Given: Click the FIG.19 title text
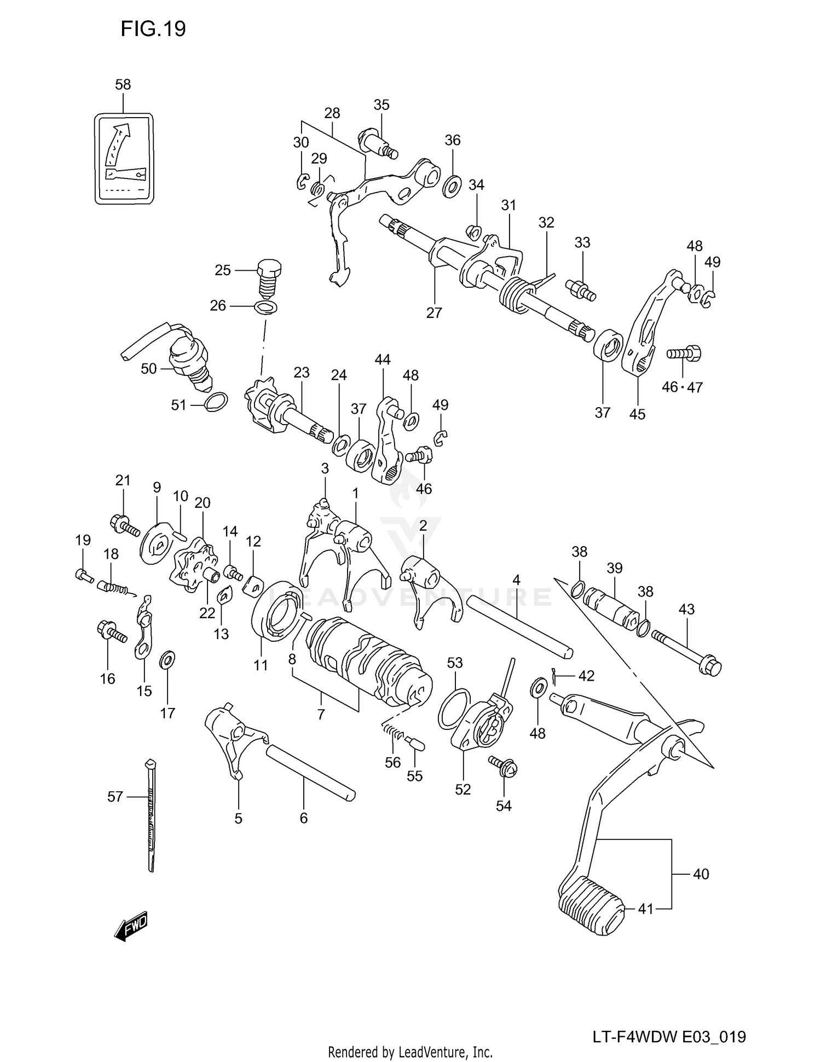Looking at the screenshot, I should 153,28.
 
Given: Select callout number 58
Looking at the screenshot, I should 123,85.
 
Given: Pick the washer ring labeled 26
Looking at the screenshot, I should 265,306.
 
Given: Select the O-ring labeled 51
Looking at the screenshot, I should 215,402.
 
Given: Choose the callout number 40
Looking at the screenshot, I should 701,874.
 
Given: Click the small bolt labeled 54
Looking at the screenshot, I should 503,766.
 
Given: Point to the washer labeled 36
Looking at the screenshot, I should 452,187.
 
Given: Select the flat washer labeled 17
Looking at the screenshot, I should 167,660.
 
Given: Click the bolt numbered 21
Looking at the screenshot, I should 125,526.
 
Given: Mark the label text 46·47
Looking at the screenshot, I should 681,387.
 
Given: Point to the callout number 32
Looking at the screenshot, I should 546,223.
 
